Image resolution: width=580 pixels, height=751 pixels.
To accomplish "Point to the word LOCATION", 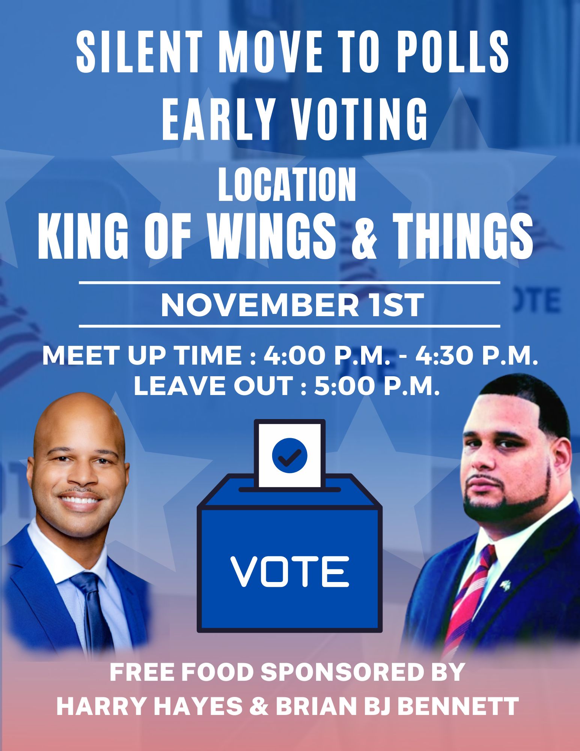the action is [x=287, y=185].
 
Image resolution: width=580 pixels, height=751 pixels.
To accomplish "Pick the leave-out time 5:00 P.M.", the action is [x=377, y=385].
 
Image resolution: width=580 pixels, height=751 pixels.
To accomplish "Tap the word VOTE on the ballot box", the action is [x=289, y=572].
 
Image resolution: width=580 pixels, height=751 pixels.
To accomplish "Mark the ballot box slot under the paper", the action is [x=289, y=489].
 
